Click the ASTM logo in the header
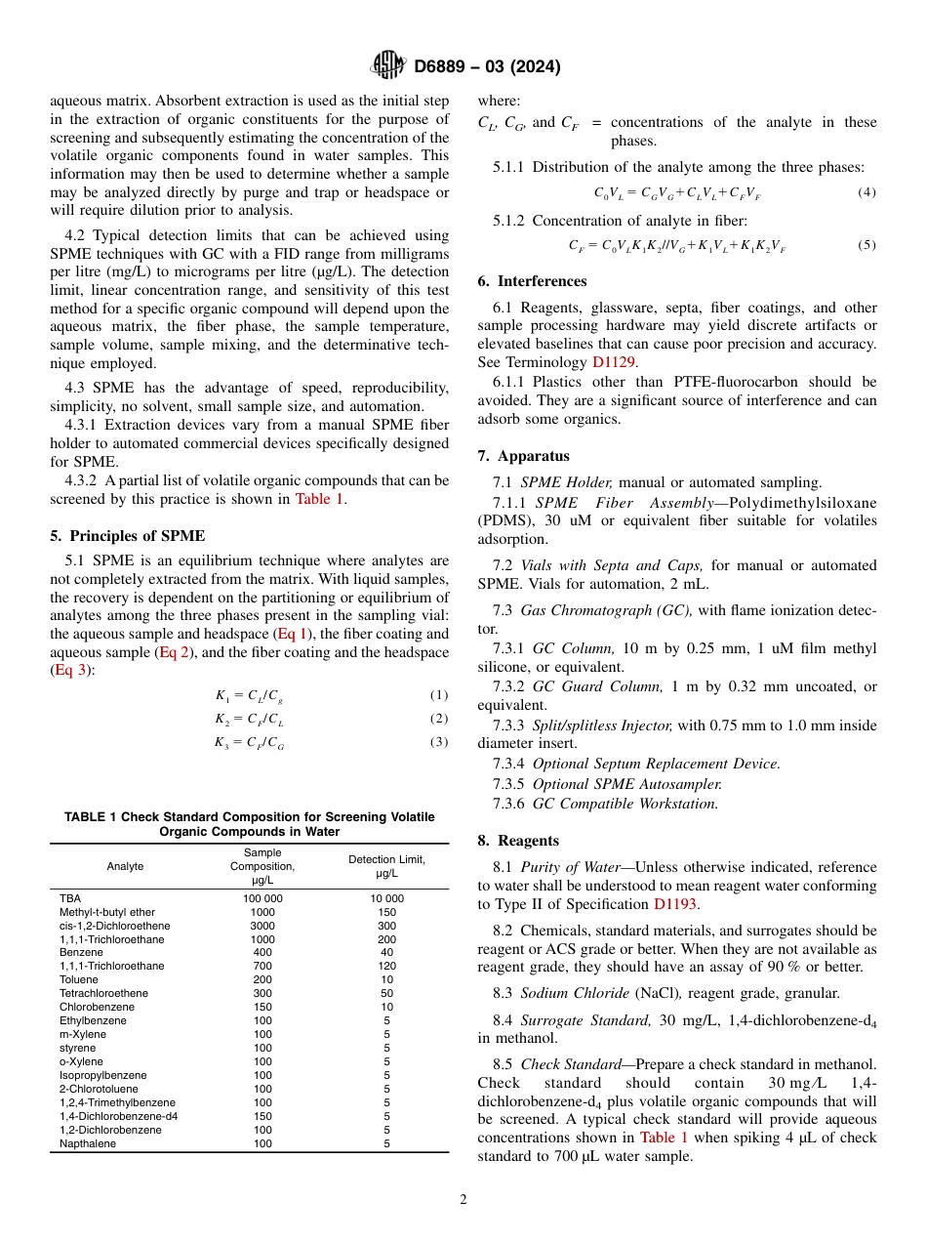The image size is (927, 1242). click(388, 66)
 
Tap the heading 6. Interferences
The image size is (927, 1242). click(532, 281)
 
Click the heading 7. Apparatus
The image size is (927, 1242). click(523, 456)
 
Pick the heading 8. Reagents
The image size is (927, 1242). click(518, 841)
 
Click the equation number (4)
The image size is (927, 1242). click(867, 192)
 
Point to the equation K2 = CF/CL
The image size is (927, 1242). click(250, 719)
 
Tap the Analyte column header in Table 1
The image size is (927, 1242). click(125, 866)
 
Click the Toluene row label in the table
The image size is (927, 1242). click(79, 979)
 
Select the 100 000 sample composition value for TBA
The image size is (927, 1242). click(262, 897)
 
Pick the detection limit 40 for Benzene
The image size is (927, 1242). click(386, 952)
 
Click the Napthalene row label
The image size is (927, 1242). click(87, 1143)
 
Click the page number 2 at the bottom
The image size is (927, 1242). click(463, 1200)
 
